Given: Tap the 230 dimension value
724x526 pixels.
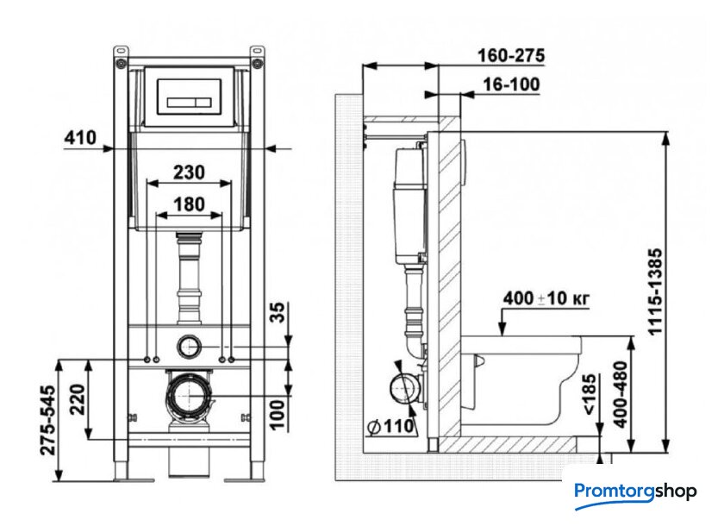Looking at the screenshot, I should [189, 172].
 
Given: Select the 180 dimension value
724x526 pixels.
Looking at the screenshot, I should [189, 204].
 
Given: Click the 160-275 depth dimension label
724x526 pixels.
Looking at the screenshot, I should [511, 55].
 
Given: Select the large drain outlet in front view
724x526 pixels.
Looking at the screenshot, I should [189, 396].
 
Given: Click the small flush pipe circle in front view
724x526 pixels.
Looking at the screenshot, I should [189, 347].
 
